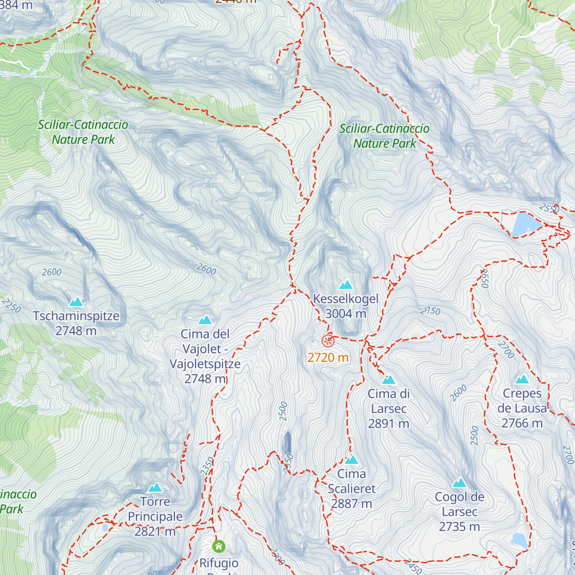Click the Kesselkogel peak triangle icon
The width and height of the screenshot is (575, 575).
(345, 285)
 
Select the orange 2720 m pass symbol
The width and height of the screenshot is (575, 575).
(328, 341)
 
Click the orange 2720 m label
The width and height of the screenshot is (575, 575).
(328, 357)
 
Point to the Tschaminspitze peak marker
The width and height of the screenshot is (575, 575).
(76, 302)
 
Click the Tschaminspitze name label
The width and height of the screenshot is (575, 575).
(76, 316)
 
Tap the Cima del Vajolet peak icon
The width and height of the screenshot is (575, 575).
(205, 320)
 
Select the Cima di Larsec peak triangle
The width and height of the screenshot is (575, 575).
(389, 380)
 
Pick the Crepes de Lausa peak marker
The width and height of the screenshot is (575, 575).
(522, 379)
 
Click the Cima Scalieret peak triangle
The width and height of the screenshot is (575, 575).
(352, 460)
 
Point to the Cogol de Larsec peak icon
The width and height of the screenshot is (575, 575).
(460, 483)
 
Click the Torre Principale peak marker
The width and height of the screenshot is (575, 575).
(155, 488)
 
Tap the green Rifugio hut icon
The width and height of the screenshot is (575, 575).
(219, 546)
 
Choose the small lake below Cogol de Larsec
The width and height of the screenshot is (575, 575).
(519, 540)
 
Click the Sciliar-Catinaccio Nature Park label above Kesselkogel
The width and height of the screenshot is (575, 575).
(384, 136)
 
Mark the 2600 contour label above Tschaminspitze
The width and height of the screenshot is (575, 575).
(52, 272)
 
